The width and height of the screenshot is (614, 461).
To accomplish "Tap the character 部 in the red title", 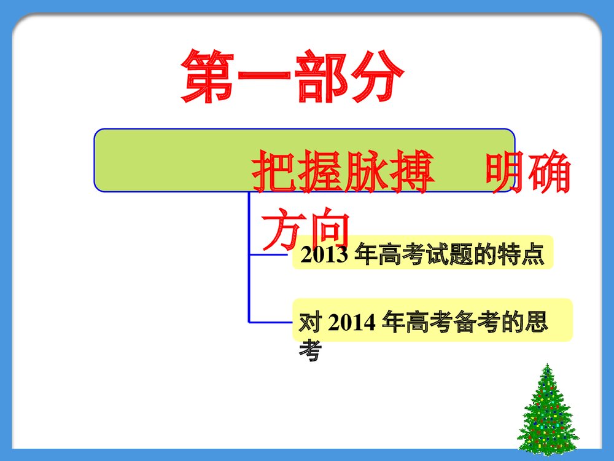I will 320,77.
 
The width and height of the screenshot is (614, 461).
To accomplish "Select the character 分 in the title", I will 374,77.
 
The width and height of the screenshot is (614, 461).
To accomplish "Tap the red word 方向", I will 305,229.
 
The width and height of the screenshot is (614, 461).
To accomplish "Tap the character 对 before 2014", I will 309,322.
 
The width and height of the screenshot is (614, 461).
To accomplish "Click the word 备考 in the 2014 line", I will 466,322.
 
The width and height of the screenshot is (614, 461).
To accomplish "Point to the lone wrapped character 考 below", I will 309,351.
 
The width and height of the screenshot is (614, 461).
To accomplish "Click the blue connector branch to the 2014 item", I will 270,321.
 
